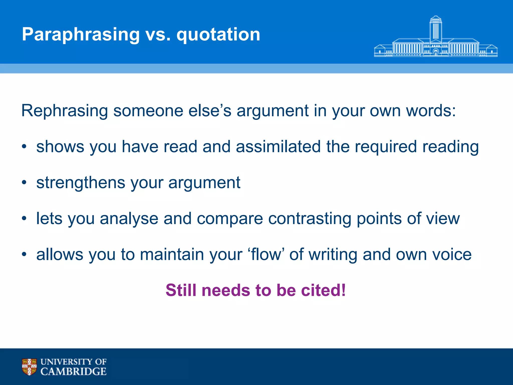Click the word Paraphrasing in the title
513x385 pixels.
tap(81, 34)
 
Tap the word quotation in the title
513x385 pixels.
tap(218, 34)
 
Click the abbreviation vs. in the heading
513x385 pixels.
tap(158, 34)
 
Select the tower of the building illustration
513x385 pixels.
tap(436, 29)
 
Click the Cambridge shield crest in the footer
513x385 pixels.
tap(29, 367)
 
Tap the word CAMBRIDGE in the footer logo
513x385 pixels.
tap(73, 371)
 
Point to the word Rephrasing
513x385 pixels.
tap(64, 111)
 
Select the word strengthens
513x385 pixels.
tap(81, 182)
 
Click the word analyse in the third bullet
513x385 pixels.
tap(129, 219)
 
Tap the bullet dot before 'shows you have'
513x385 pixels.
tap(24, 147)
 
